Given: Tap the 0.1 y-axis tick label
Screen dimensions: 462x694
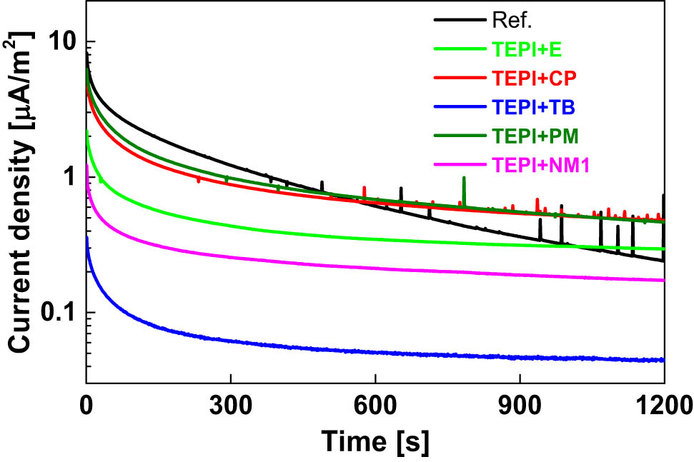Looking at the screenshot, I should pos(56,313).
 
